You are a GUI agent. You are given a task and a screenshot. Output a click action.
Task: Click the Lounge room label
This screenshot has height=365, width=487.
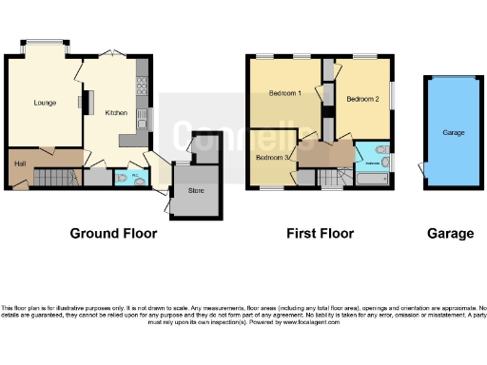coord(43,102)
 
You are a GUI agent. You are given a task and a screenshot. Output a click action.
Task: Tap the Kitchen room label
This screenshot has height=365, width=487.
coord(116,112)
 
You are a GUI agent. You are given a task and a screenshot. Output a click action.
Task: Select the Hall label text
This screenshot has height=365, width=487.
coord(19,164)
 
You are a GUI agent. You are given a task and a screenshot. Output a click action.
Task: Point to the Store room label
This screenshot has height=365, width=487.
coord(197,190)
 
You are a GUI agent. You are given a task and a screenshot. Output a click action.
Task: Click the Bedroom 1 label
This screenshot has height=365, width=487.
coord(284,93)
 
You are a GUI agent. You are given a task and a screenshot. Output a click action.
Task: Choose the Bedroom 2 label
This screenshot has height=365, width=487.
coord(362,99)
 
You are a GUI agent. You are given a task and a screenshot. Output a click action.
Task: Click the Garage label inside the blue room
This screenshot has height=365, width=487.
coord(454,132)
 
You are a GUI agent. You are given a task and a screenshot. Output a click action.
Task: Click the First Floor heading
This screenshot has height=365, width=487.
coord(321,233)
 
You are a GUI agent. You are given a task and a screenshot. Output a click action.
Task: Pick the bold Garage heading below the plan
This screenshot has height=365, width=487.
coord(450,233)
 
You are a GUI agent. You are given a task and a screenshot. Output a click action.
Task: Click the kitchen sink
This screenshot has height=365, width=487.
coord(142,120)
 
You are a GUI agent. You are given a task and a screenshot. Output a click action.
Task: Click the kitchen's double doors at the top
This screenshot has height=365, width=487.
coord(113,51)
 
